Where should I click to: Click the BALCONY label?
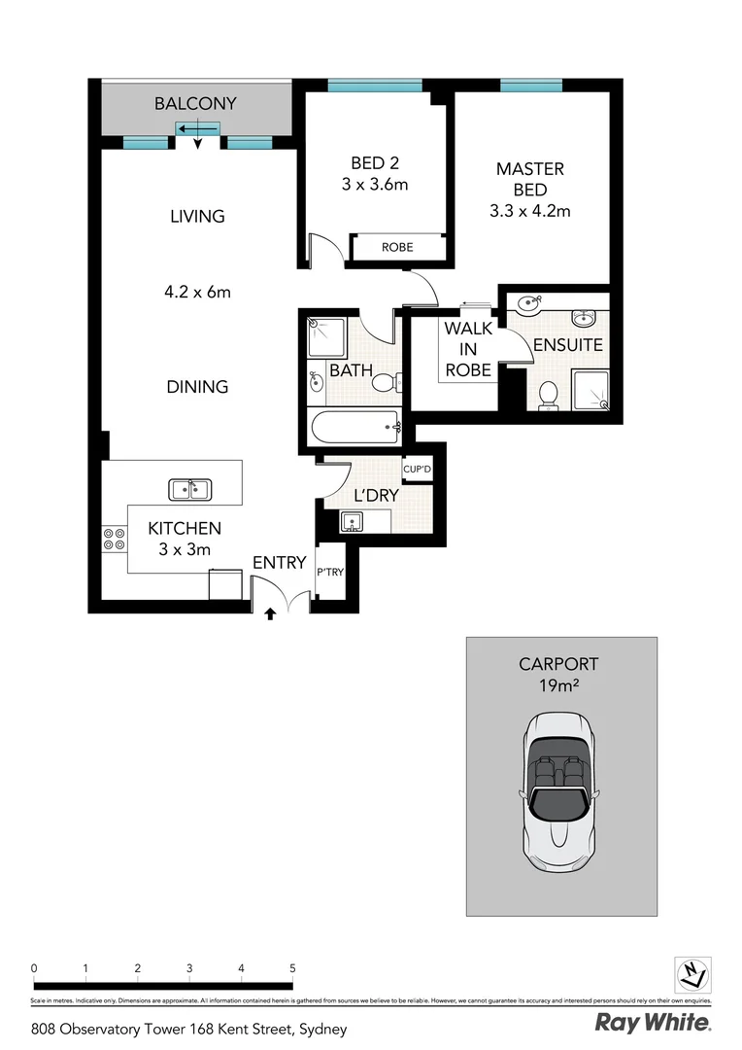(195, 103)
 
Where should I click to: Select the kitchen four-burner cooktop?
(113, 539)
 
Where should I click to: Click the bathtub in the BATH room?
(354, 425)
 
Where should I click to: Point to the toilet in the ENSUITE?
(548, 395)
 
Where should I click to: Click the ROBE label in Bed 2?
(396, 247)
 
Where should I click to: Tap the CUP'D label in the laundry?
(417, 470)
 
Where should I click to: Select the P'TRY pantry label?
(329, 572)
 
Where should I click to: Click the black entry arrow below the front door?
(270, 613)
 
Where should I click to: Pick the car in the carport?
(561, 792)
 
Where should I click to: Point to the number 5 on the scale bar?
(291, 968)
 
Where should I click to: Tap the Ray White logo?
(652, 1023)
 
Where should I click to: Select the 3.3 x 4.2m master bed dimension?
(529, 210)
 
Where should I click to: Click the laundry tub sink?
(353, 523)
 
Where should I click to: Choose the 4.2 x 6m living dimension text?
(197, 292)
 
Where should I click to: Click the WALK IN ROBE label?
(468, 349)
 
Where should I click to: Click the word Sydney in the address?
(322, 1029)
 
